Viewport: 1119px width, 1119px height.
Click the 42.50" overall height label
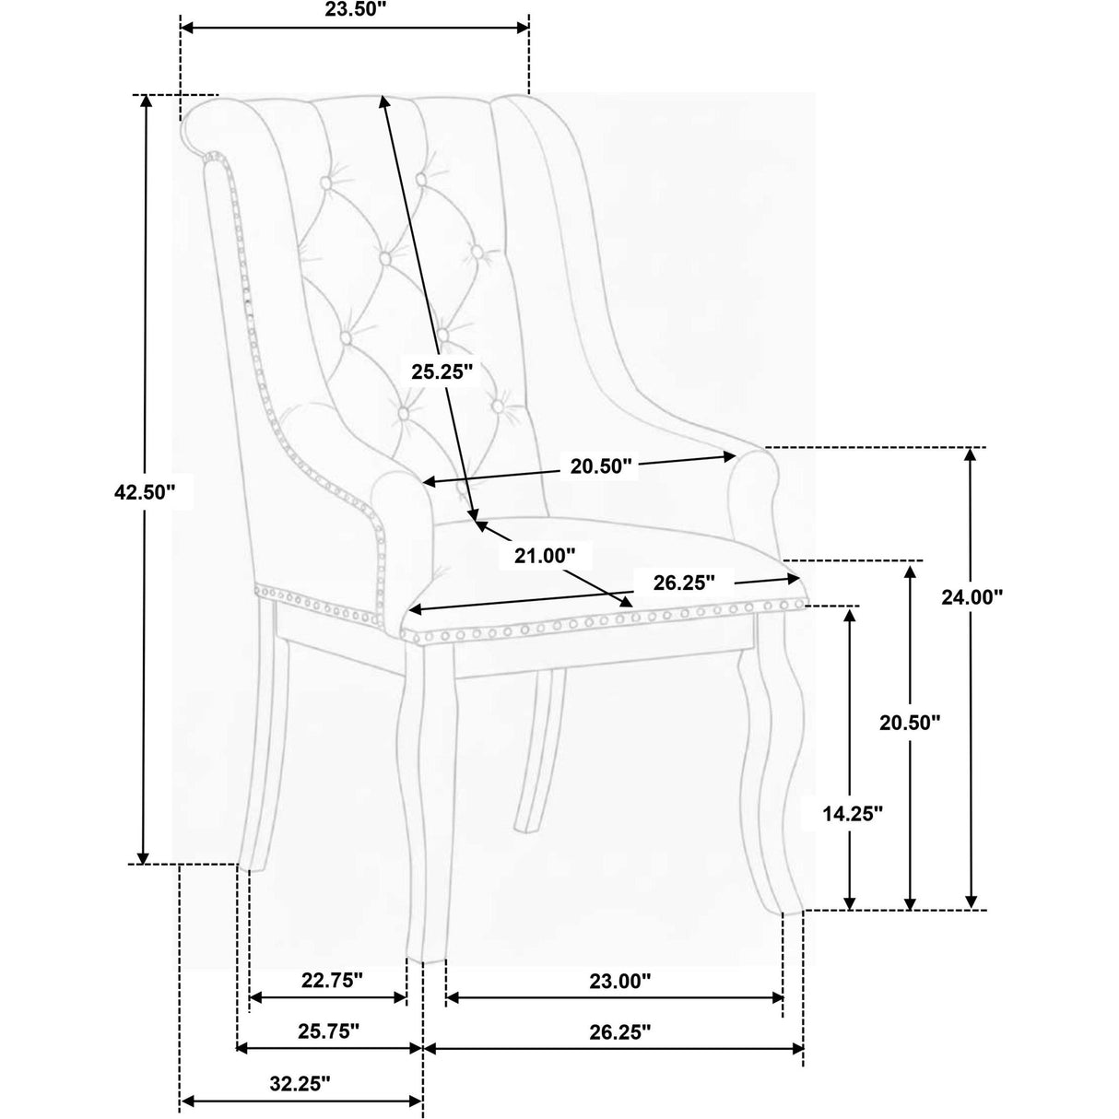[x=145, y=492]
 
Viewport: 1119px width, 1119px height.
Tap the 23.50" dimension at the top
[x=355, y=10]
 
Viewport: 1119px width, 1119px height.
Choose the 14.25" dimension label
[x=853, y=814]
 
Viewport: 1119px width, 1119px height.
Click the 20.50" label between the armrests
[x=600, y=466]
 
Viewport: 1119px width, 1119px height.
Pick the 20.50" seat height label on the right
[x=910, y=723]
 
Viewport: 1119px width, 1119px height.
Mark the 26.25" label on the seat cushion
[x=684, y=583]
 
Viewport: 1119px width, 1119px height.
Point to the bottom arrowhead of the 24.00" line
[x=971, y=917]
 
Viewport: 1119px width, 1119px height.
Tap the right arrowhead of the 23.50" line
[x=522, y=28]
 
